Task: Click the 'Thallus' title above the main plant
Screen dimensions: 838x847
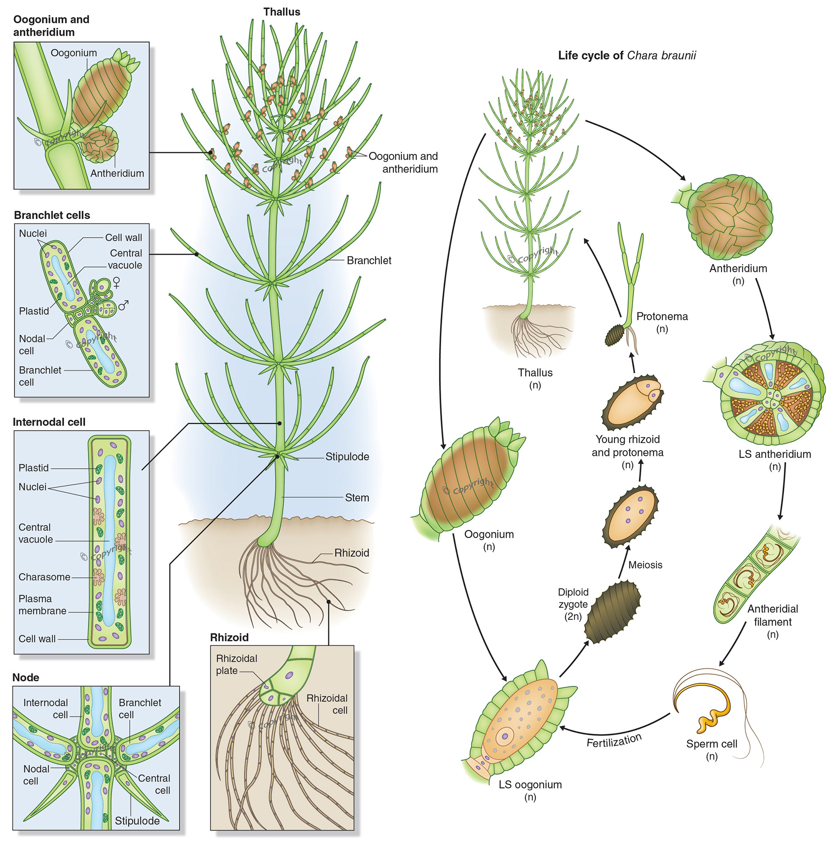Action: click(x=282, y=12)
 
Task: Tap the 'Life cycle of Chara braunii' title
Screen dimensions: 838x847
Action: click(x=627, y=56)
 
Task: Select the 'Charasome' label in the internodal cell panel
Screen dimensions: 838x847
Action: click(x=44, y=577)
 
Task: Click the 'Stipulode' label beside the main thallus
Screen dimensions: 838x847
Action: click(x=347, y=456)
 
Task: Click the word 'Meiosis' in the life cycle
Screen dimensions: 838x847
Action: click(x=645, y=565)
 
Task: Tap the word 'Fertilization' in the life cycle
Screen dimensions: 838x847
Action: click(x=614, y=741)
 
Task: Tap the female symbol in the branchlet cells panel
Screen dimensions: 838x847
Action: click(x=116, y=282)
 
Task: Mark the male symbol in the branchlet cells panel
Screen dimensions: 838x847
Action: click(x=124, y=305)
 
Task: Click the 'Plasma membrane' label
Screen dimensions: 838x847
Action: click(x=42, y=604)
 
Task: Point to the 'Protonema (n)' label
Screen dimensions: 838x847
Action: click(x=662, y=322)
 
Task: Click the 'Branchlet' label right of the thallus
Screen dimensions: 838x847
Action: click(x=369, y=261)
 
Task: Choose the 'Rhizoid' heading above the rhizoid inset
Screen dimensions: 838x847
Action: click(x=229, y=637)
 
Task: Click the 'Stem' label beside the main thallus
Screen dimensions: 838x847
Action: click(x=357, y=497)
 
